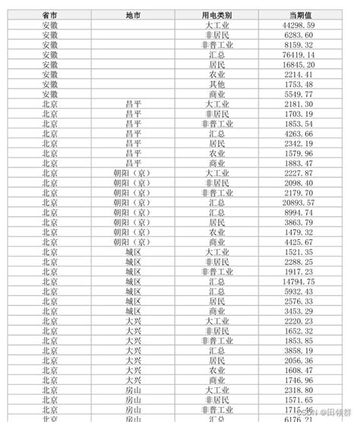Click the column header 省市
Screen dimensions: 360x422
(50, 15)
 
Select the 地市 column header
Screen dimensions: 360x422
(132, 15)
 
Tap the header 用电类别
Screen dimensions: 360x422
(216, 15)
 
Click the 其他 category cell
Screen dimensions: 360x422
(216, 84)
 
